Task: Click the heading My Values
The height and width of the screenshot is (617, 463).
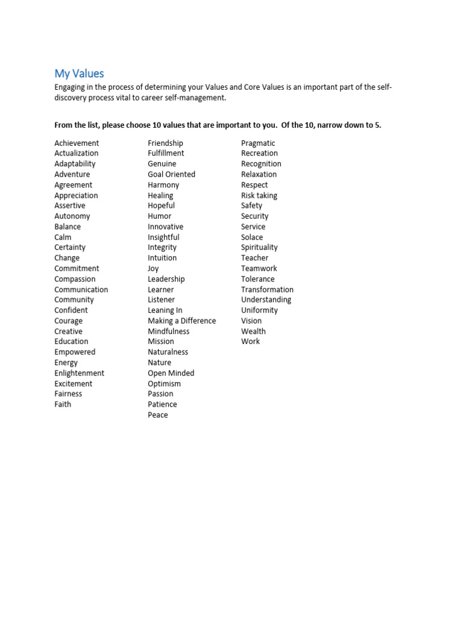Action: (x=79, y=74)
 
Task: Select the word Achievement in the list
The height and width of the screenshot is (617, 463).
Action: (x=77, y=143)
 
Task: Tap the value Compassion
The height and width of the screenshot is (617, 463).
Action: (x=75, y=279)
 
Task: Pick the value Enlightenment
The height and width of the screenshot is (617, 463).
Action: (x=79, y=373)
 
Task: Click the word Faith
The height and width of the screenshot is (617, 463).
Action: (x=63, y=404)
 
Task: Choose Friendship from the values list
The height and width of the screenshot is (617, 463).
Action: (x=165, y=143)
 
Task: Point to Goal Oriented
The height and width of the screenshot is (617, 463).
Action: (x=171, y=174)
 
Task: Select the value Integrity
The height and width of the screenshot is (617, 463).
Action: (x=162, y=247)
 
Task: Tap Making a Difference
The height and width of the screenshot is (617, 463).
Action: (x=181, y=321)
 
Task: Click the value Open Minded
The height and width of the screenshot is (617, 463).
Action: (x=171, y=373)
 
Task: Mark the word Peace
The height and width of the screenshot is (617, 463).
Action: (x=158, y=415)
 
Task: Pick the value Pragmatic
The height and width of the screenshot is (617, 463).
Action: (x=258, y=143)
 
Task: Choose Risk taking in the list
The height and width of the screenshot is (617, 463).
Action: (x=259, y=195)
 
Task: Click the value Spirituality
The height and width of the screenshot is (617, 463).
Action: (x=259, y=247)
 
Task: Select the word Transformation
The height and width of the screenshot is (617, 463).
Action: (x=267, y=289)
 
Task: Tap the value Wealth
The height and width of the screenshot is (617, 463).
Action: (x=253, y=331)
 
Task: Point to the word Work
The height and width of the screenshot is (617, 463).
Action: (x=250, y=341)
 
